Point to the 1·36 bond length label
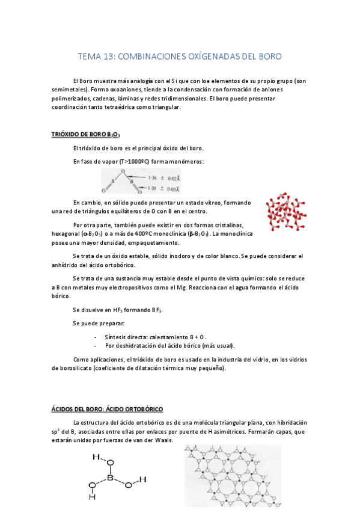pos(155,177)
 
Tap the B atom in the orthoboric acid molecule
pos(111,479)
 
